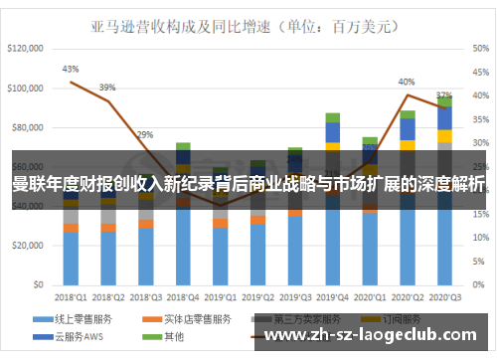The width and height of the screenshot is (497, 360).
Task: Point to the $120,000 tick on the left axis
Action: (x=27, y=48)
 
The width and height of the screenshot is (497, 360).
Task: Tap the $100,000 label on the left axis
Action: (x=27, y=89)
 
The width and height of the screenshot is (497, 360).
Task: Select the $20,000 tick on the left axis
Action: (x=30, y=246)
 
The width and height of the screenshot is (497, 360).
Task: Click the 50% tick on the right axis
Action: (x=479, y=48)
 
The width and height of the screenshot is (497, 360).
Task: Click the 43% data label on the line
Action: (x=71, y=69)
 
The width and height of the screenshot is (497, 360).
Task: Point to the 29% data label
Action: (x=145, y=134)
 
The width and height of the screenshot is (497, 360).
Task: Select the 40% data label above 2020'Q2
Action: (x=407, y=82)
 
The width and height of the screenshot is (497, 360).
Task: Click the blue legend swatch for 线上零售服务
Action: (x=43, y=319)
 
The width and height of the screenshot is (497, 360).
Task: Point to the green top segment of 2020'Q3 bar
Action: (x=444, y=101)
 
